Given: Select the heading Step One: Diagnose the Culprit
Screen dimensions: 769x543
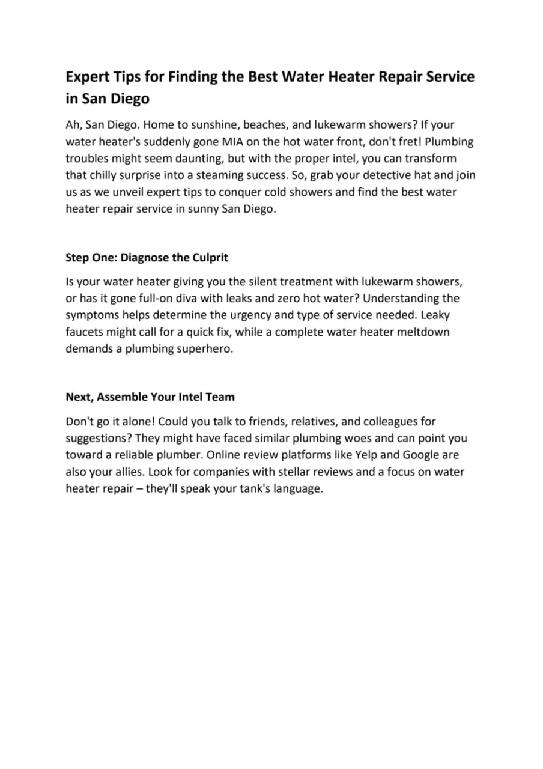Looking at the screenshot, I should pos(147,257).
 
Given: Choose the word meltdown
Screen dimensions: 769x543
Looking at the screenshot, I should pos(423,332).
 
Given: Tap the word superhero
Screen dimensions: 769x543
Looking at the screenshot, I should pos(204,348).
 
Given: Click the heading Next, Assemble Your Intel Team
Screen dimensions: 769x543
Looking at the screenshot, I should pos(150,397).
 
